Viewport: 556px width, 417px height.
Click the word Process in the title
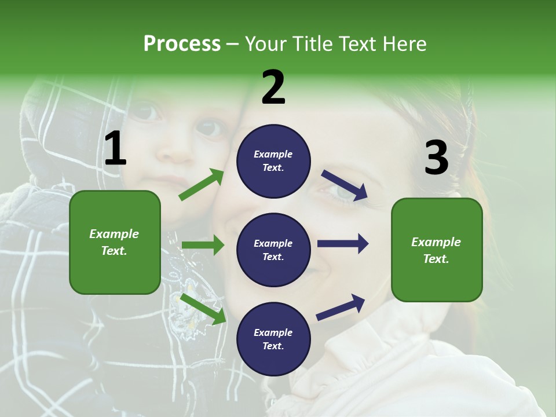pos(182,43)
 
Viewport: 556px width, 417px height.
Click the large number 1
pos(115,148)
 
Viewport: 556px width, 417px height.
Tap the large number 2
pos(273,87)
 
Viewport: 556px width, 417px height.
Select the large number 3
pos(436,158)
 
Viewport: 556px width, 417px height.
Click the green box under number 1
pos(115,242)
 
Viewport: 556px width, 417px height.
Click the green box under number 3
pos(437,250)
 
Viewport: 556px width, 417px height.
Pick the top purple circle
pos(273,161)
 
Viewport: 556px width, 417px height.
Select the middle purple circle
pos(273,250)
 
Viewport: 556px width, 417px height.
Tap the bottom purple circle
pos(273,339)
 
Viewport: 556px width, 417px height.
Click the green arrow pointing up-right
pos(201,185)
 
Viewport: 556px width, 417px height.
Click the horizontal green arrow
pos(203,245)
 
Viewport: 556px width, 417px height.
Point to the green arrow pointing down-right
pos(203,309)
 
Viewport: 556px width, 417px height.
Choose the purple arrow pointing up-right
pos(341,307)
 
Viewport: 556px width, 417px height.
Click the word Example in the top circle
pos(273,154)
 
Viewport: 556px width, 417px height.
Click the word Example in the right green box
pos(436,242)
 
